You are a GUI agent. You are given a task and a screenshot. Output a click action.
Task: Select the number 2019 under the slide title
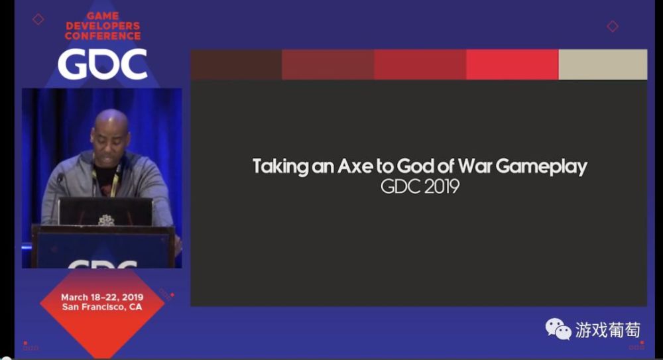[442, 186]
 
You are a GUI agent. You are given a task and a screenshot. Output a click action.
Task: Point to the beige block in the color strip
[603, 64]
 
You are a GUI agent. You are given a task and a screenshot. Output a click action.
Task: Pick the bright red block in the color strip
[512, 64]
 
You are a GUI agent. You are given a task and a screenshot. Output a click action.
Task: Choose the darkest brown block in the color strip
[236, 64]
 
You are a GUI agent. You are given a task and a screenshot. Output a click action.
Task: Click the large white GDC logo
[103, 64]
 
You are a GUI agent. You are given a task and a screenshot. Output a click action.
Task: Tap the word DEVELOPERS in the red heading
[103, 26]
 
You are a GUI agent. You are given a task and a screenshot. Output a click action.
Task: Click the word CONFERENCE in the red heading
[103, 36]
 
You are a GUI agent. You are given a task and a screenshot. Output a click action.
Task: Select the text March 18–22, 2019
[102, 297]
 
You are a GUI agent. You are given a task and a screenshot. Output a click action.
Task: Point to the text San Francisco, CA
[102, 307]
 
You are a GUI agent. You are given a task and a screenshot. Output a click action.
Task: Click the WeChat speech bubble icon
[558, 329]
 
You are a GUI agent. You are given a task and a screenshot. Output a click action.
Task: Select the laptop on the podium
[105, 211]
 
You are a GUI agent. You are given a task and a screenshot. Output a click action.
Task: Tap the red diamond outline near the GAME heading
[38, 19]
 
